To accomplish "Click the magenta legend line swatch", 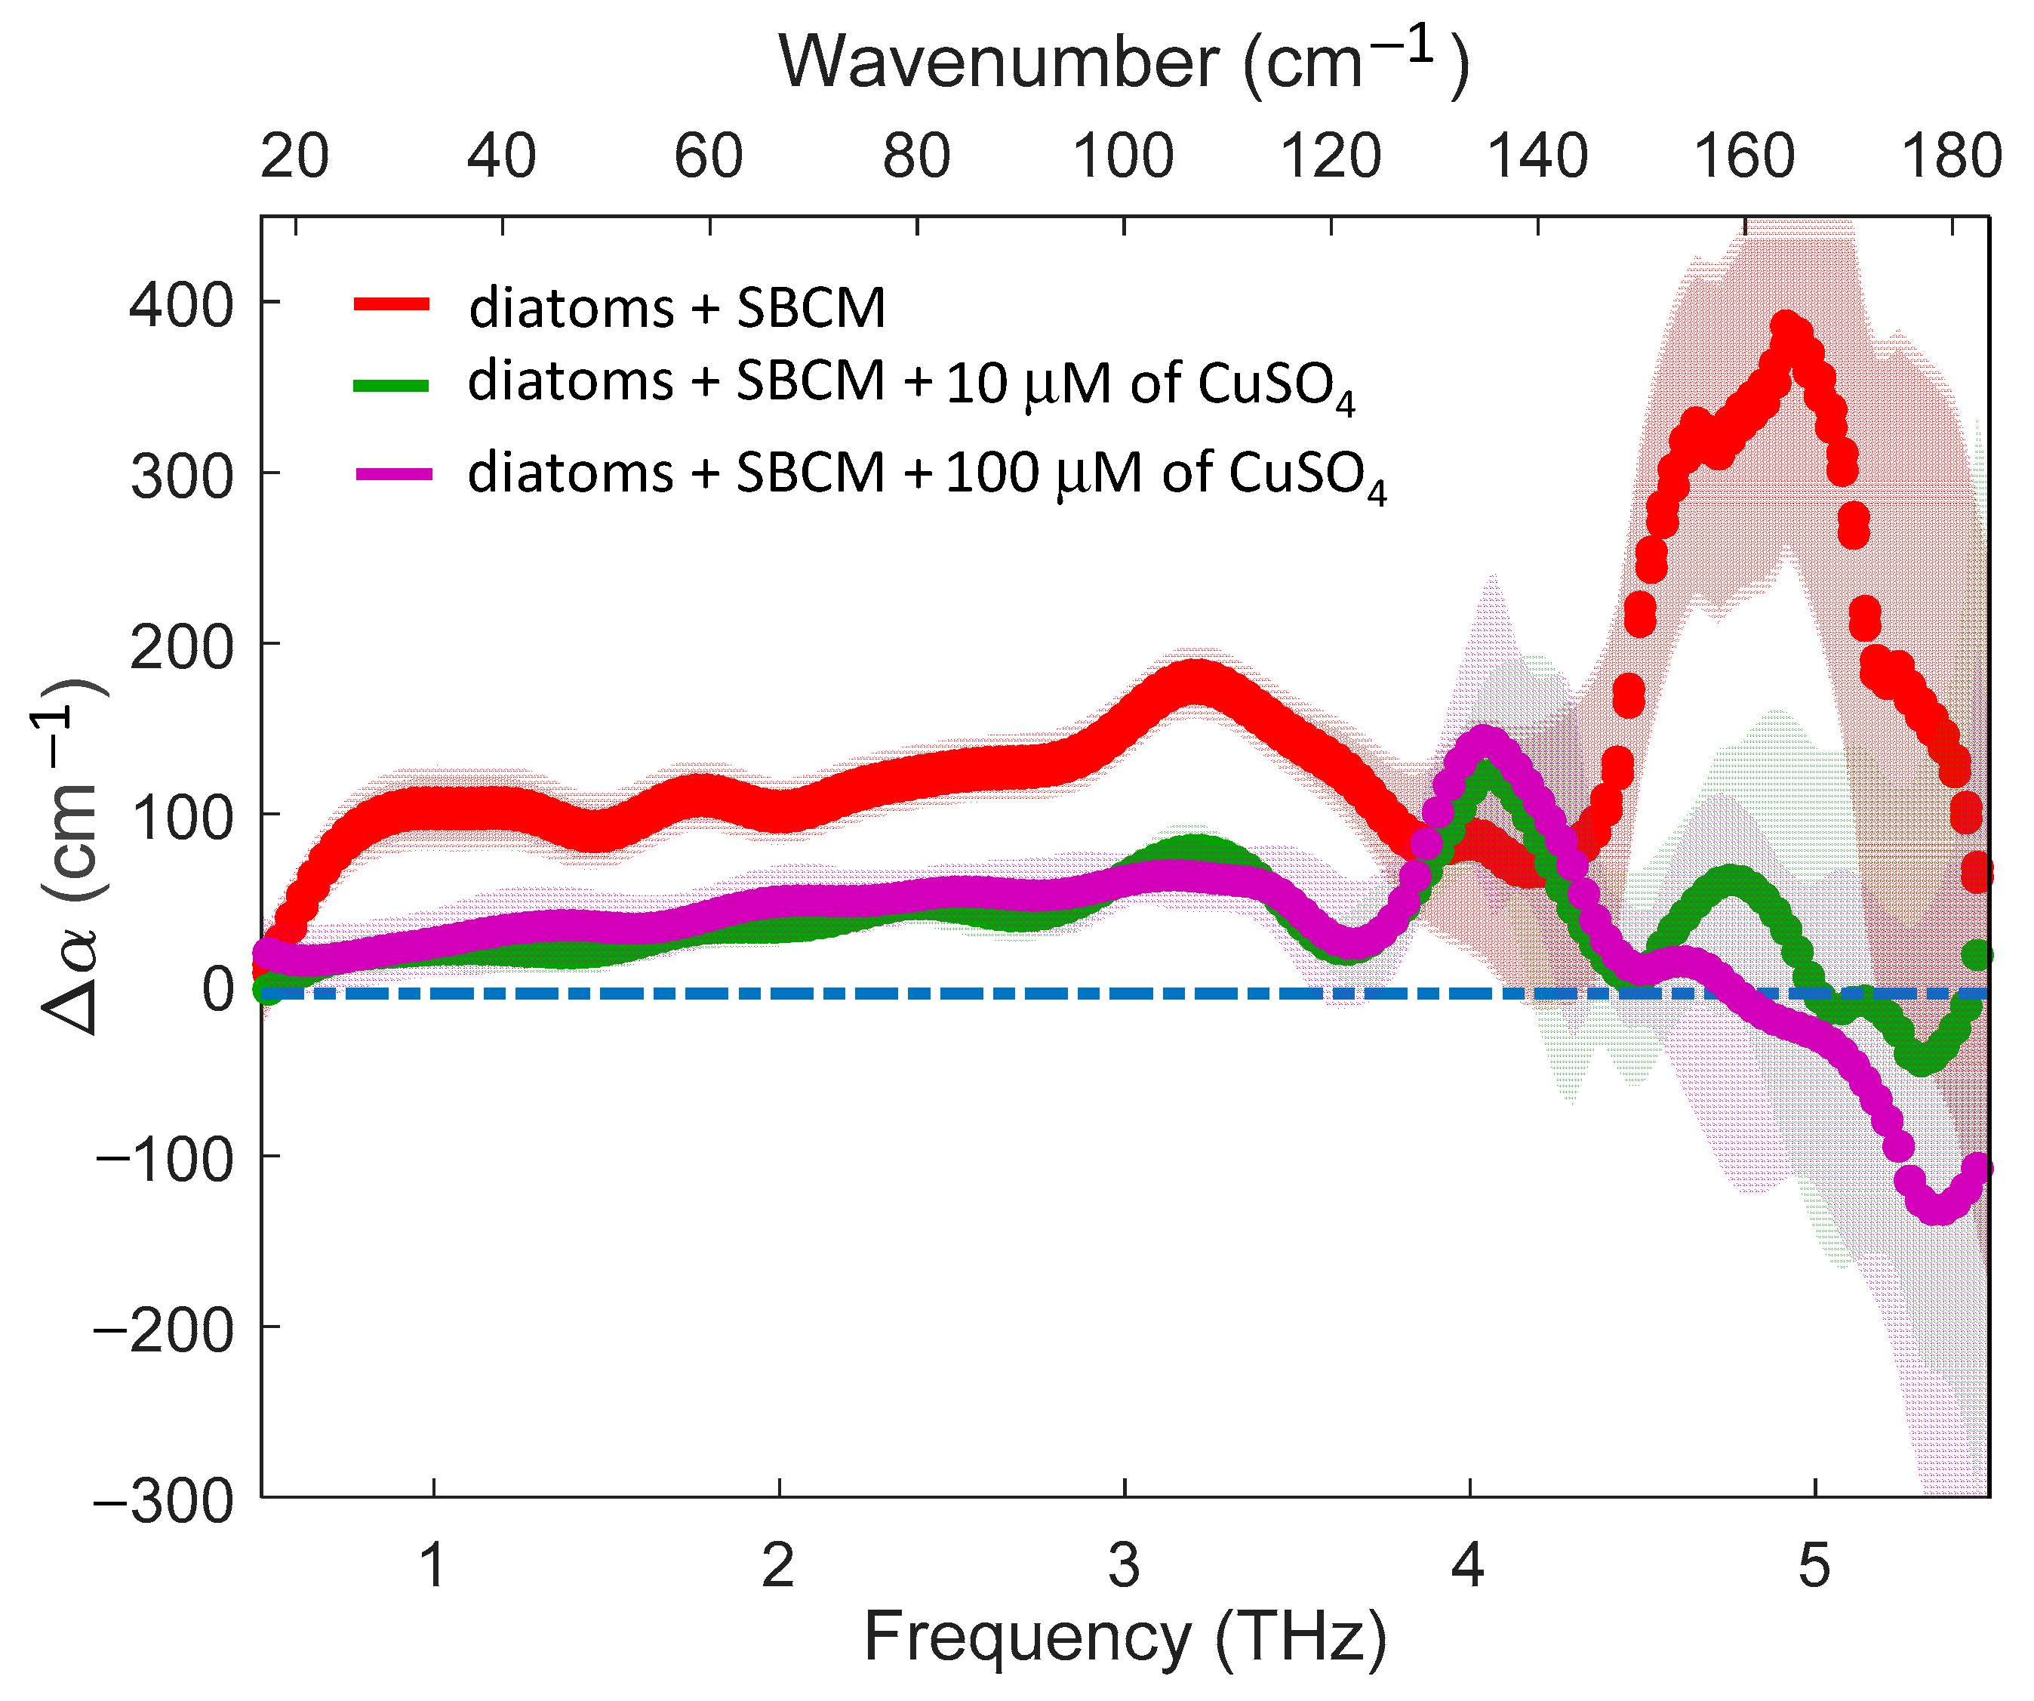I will tap(393, 473).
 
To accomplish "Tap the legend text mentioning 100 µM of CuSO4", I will tap(927, 476).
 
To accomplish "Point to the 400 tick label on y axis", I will tap(181, 305).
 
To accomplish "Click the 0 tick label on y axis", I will tap(218, 990).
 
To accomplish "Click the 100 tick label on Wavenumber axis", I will tap(1124, 156).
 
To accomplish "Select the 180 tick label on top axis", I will tap(1952, 156).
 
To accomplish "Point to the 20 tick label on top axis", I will tap(294, 156).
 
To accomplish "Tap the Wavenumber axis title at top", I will tap(1124, 63).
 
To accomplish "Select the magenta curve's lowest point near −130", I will tap(1937, 1208).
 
